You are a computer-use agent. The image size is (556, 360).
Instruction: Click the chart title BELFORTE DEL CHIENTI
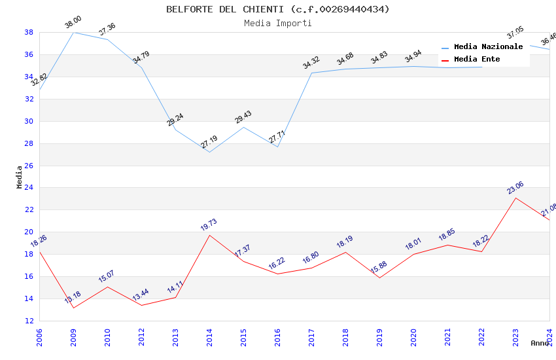click(277, 9)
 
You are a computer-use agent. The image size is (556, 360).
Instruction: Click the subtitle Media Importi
click(277, 24)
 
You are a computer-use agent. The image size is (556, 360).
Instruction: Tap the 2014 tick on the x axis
click(209, 338)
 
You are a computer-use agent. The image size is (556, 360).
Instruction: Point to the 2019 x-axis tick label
click(379, 338)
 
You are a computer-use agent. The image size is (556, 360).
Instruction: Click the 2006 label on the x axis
click(39, 338)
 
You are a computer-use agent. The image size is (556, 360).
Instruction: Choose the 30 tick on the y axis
click(29, 121)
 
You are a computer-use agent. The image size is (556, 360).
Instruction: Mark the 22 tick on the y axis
click(29, 210)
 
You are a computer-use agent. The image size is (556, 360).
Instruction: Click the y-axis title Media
click(20, 177)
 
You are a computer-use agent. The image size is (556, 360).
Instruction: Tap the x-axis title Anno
click(540, 343)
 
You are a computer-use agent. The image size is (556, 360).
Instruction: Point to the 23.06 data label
click(515, 188)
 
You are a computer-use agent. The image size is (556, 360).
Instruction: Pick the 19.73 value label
click(209, 225)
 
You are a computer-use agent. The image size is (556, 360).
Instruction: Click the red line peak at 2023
click(515, 198)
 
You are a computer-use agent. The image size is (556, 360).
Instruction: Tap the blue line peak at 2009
click(73, 32)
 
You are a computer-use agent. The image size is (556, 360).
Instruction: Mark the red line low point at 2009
click(73, 308)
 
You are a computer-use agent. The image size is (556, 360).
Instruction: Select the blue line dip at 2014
click(209, 152)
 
